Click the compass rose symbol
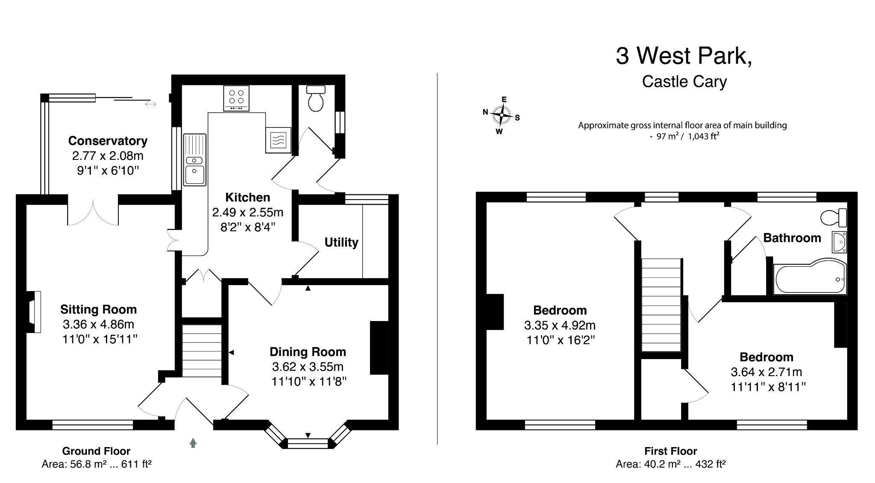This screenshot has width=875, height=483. (x=501, y=115)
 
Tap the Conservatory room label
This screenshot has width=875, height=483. (x=108, y=141)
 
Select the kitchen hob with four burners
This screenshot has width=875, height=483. (x=236, y=98)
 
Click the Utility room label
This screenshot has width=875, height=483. (x=341, y=242)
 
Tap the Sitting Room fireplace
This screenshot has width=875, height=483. (x=34, y=312)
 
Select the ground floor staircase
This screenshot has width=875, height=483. (x=202, y=351)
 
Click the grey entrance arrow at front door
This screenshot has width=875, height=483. (x=193, y=443)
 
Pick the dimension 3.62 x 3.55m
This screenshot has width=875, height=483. (x=308, y=367)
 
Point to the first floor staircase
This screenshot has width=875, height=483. (x=661, y=305)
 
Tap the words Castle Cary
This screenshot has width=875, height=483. (x=684, y=82)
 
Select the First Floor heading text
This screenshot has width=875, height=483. (x=670, y=451)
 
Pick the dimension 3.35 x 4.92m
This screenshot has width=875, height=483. (x=560, y=325)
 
